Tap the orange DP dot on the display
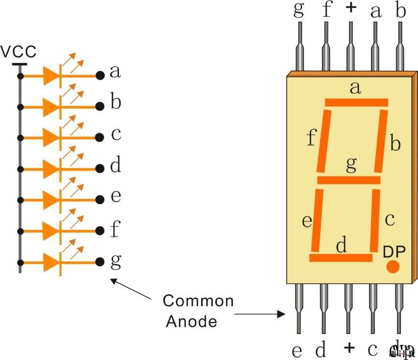pyautogui.click(x=393, y=267)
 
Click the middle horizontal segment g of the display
pyautogui.click(x=348, y=180)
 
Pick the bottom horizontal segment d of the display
pyautogui.click(x=341, y=258)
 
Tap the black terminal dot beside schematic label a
pyautogui.click(x=100, y=75)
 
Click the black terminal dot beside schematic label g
pyautogui.click(x=100, y=262)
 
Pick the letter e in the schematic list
pyautogui.click(x=116, y=196)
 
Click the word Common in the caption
pyautogui.click(x=198, y=300)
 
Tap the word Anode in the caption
pyautogui.click(x=191, y=321)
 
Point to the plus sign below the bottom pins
pyautogui.click(x=348, y=348)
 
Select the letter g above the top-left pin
pyautogui.click(x=299, y=11)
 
